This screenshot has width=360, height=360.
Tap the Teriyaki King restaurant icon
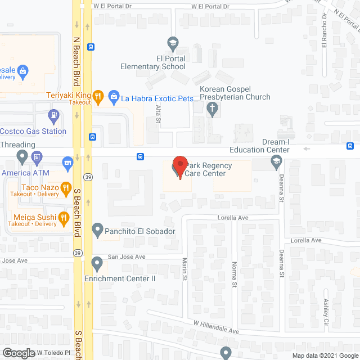(x=98, y=96)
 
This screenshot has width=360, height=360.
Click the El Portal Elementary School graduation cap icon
(x=173, y=42)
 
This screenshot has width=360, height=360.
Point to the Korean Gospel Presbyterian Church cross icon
(x=213, y=110)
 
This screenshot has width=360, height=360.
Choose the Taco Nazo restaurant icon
(x=66, y=187)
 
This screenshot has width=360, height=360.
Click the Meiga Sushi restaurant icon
(x=64, y=217)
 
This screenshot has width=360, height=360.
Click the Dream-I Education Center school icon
(x=276, y=162)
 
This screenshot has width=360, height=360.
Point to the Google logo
(x=19, y=353)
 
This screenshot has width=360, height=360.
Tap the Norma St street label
(x=234, y=274)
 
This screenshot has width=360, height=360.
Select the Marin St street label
(x=184, y=271)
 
